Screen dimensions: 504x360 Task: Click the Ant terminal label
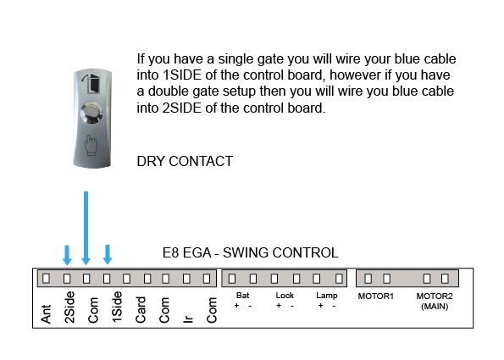(46, 313)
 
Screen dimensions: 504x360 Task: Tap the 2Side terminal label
(69, 307)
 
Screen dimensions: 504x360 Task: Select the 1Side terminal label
(117, 307)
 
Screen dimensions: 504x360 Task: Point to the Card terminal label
(141, 309)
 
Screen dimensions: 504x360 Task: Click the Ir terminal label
(188, 318)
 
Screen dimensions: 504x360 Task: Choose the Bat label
(242, 296)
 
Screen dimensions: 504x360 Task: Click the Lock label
(285, 296)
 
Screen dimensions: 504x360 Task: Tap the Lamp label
(327, 296)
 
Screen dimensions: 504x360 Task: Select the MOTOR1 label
(376, 296)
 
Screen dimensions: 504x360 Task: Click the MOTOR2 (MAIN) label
(435, 301)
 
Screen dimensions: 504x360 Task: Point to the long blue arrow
(86, 228)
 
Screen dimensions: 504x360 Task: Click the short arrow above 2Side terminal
(67, 255)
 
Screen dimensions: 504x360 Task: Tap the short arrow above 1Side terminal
(108, 255)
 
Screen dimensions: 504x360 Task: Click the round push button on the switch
(92, 113)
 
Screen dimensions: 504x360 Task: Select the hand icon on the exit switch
(91, 145)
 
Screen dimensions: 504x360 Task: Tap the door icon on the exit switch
(91, 84)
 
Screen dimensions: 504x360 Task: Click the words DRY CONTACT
(185, 161)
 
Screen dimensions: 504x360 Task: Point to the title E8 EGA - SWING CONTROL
(251, 252)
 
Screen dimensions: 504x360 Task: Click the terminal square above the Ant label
(47, 278)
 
